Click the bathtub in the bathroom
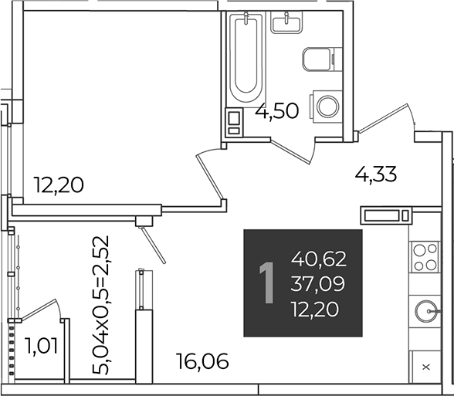246,57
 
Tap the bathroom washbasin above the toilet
286,22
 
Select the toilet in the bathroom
319,59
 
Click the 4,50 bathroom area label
276,111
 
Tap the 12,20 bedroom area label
59,185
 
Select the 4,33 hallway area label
375,174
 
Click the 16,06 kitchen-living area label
203,361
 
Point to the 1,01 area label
42,346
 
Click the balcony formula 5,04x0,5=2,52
101,305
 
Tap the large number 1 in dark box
266,283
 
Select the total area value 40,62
319,259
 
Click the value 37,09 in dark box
318,284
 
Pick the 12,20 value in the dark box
315,309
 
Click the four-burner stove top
425,257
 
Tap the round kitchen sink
426,312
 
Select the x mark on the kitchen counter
426,367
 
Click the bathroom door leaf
290,151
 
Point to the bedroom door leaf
210,178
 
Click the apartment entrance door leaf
383,119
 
